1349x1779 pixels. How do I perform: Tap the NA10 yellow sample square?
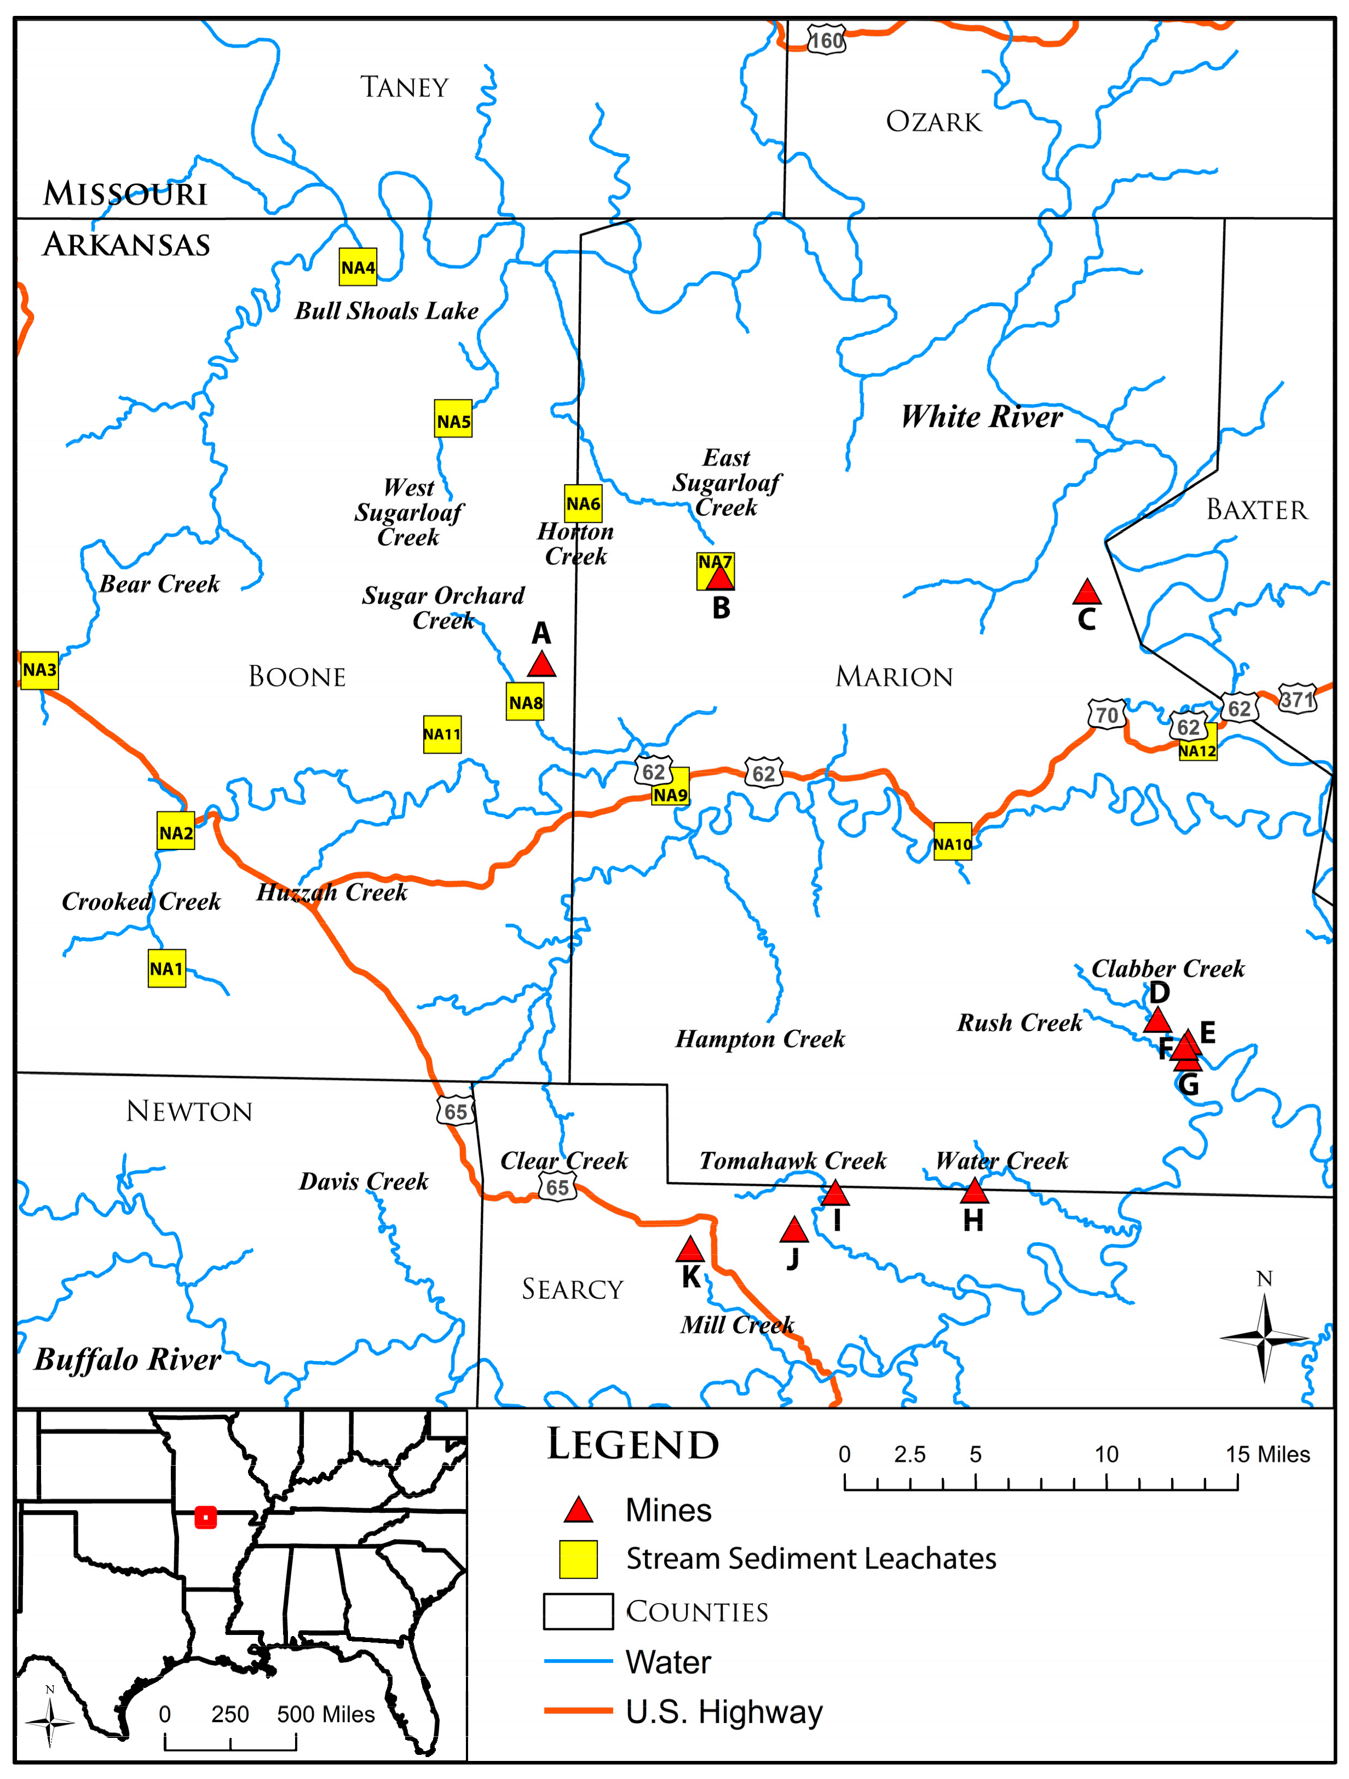(952, 842)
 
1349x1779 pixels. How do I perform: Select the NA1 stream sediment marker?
(166, 968)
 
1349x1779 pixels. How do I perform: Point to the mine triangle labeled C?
(1086, 593)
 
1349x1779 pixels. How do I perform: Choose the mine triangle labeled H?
(973, 1191)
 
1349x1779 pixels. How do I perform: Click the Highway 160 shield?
(827, 40)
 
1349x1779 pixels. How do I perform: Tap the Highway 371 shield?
(1297, 699)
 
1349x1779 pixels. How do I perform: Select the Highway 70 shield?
(1107, 714)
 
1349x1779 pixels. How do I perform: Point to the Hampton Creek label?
(760, 1039)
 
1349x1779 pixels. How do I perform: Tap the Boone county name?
(297, 676)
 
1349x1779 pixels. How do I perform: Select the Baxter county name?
(1256, 510)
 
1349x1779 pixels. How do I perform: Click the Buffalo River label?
(127, 1359)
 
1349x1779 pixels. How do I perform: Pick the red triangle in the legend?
(578, 1511)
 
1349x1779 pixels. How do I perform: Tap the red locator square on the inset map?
(206, 1518)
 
